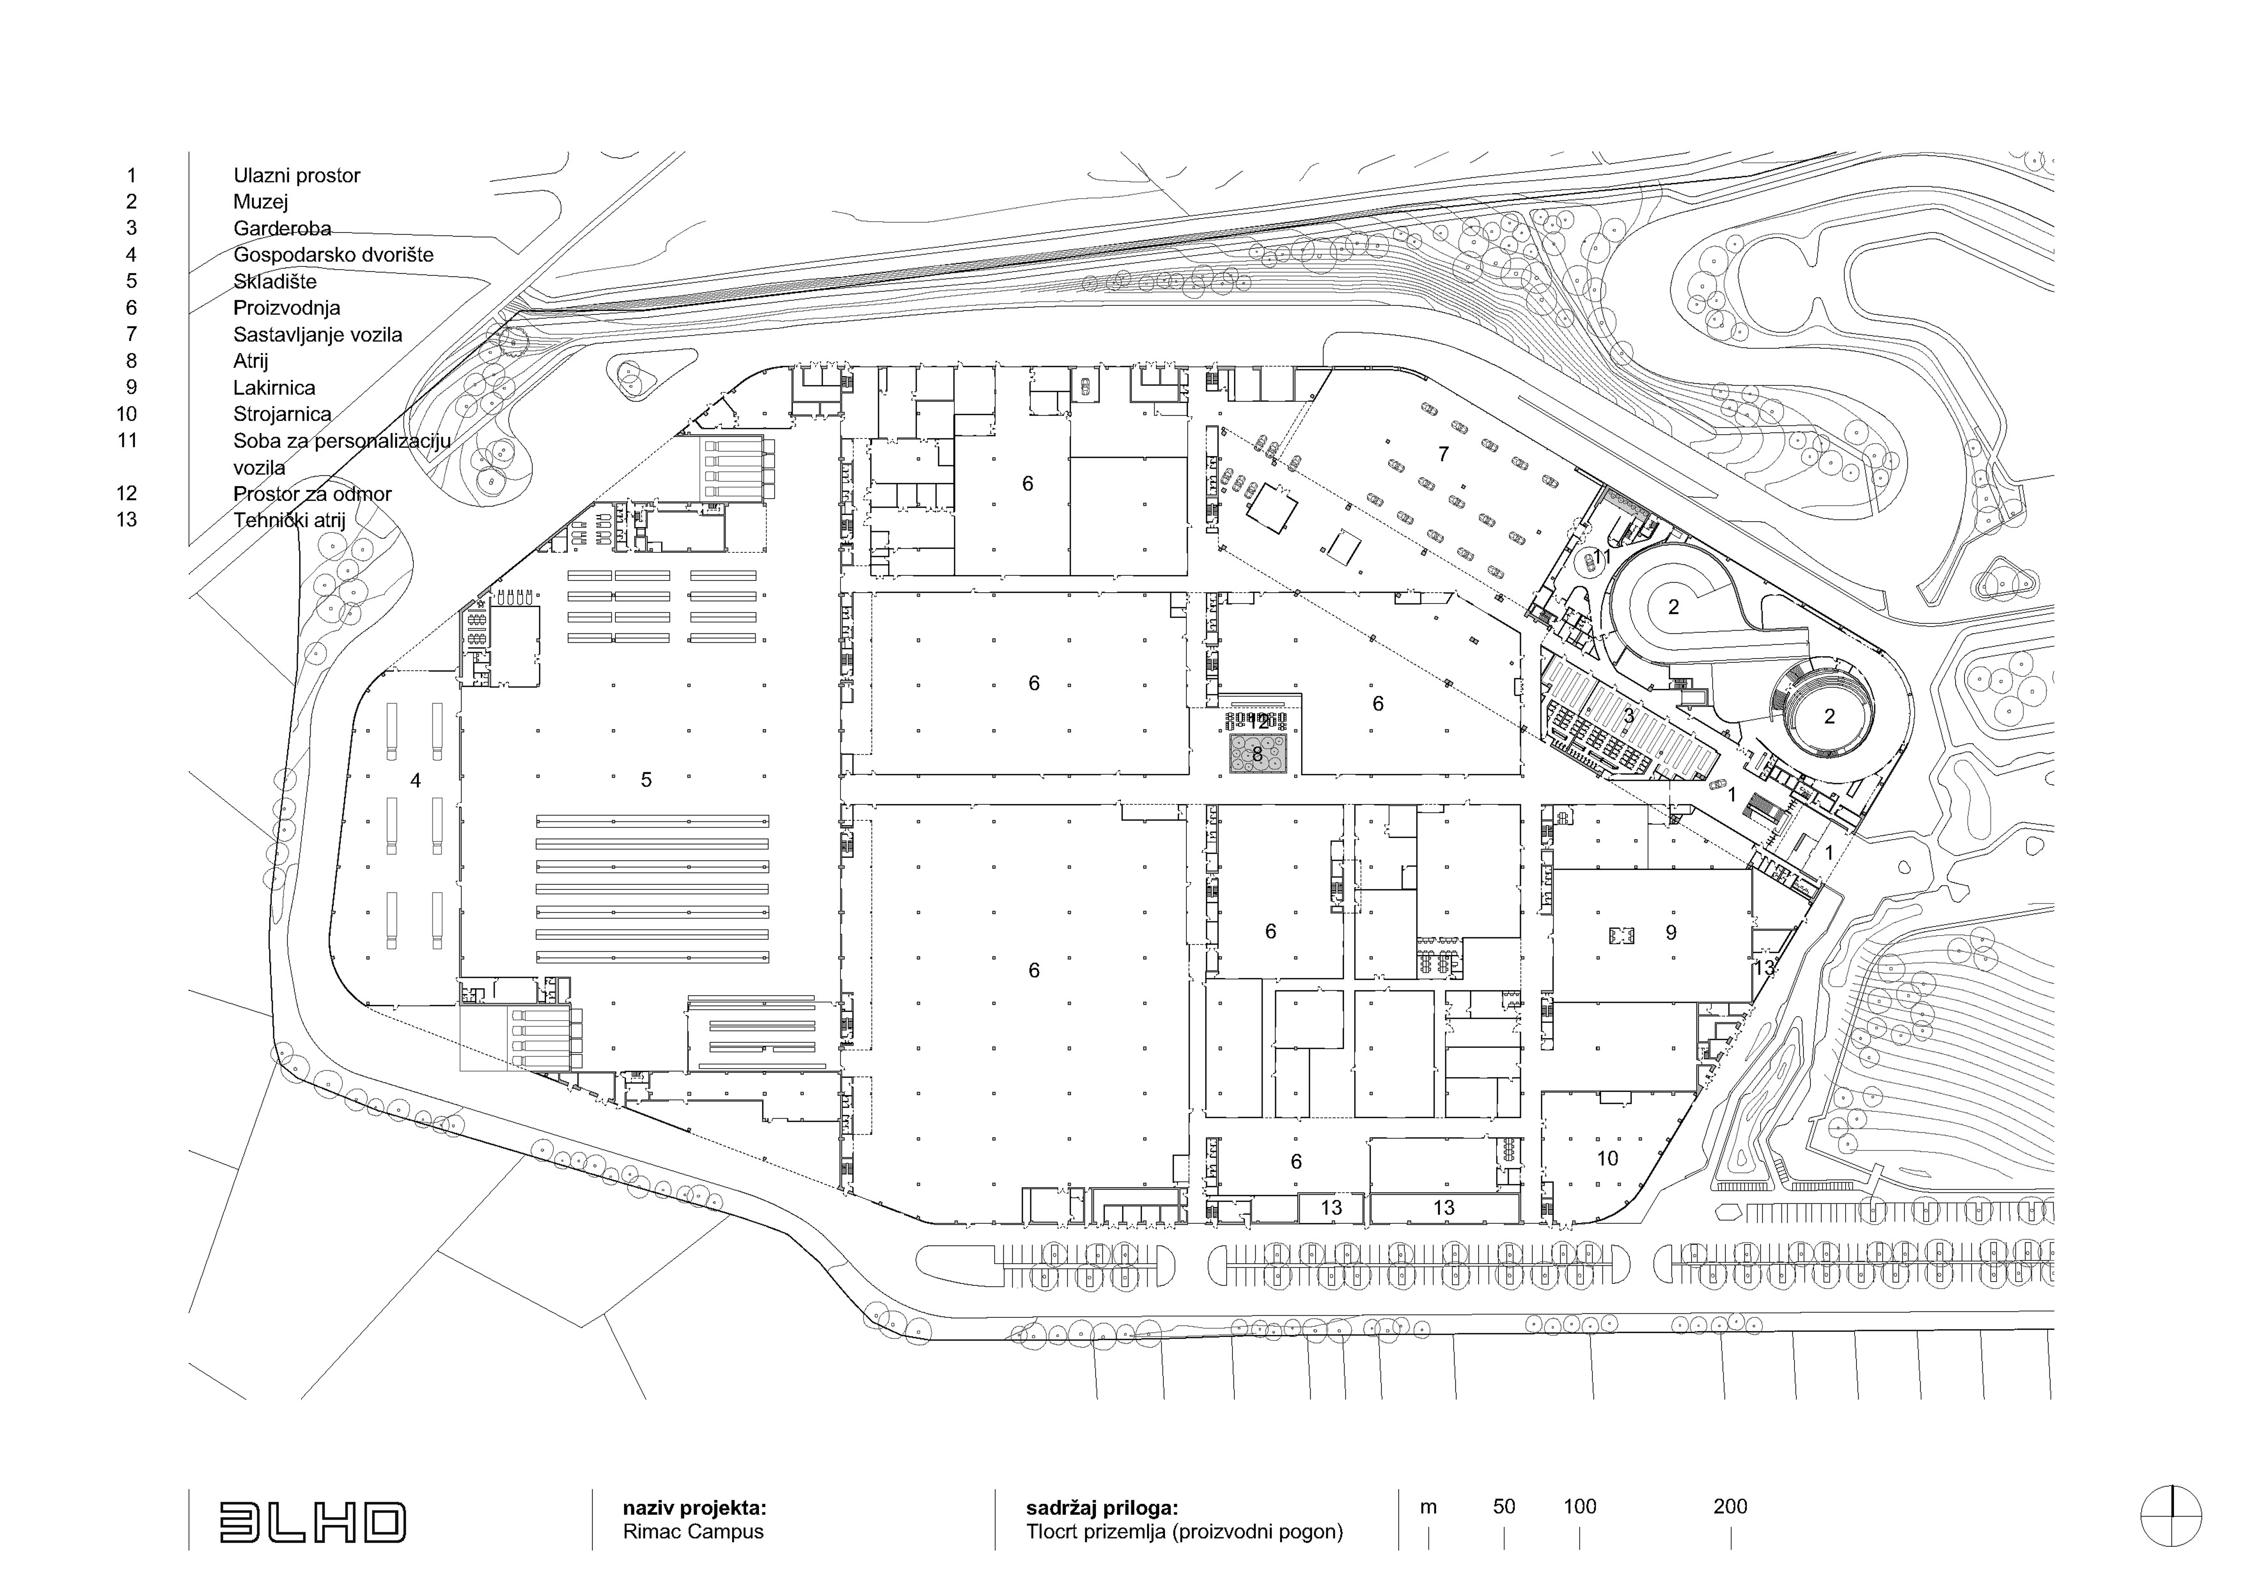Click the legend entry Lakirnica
pyautogui.click(x=274, y=388)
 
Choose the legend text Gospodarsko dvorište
pyautogui.click(x=333, y=255)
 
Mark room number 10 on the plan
pyautogui.click(x=1607, y=1159)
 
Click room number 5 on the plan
pyautogui.click(x=646, y=780)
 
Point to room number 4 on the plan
pyautogui.click(x=416, y=781)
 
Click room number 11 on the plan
pyautogui.click(x=1601, y=557)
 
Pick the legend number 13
pyautogui.click(x=127, y=520)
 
